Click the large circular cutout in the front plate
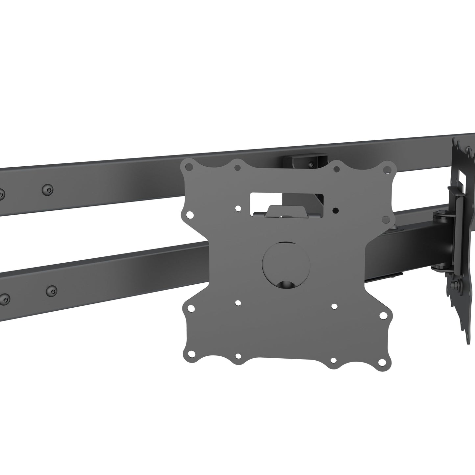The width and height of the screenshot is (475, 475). pos(286,265)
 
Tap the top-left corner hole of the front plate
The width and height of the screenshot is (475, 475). pos(188,167)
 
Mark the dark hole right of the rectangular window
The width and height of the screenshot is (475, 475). pos(335,209)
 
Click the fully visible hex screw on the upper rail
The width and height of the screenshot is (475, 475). pos(48,189)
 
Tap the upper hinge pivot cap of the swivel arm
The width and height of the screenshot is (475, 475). pos(439,216)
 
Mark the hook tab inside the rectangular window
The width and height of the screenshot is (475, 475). pos(278,211)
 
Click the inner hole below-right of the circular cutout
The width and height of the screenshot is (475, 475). pos(334,306)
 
